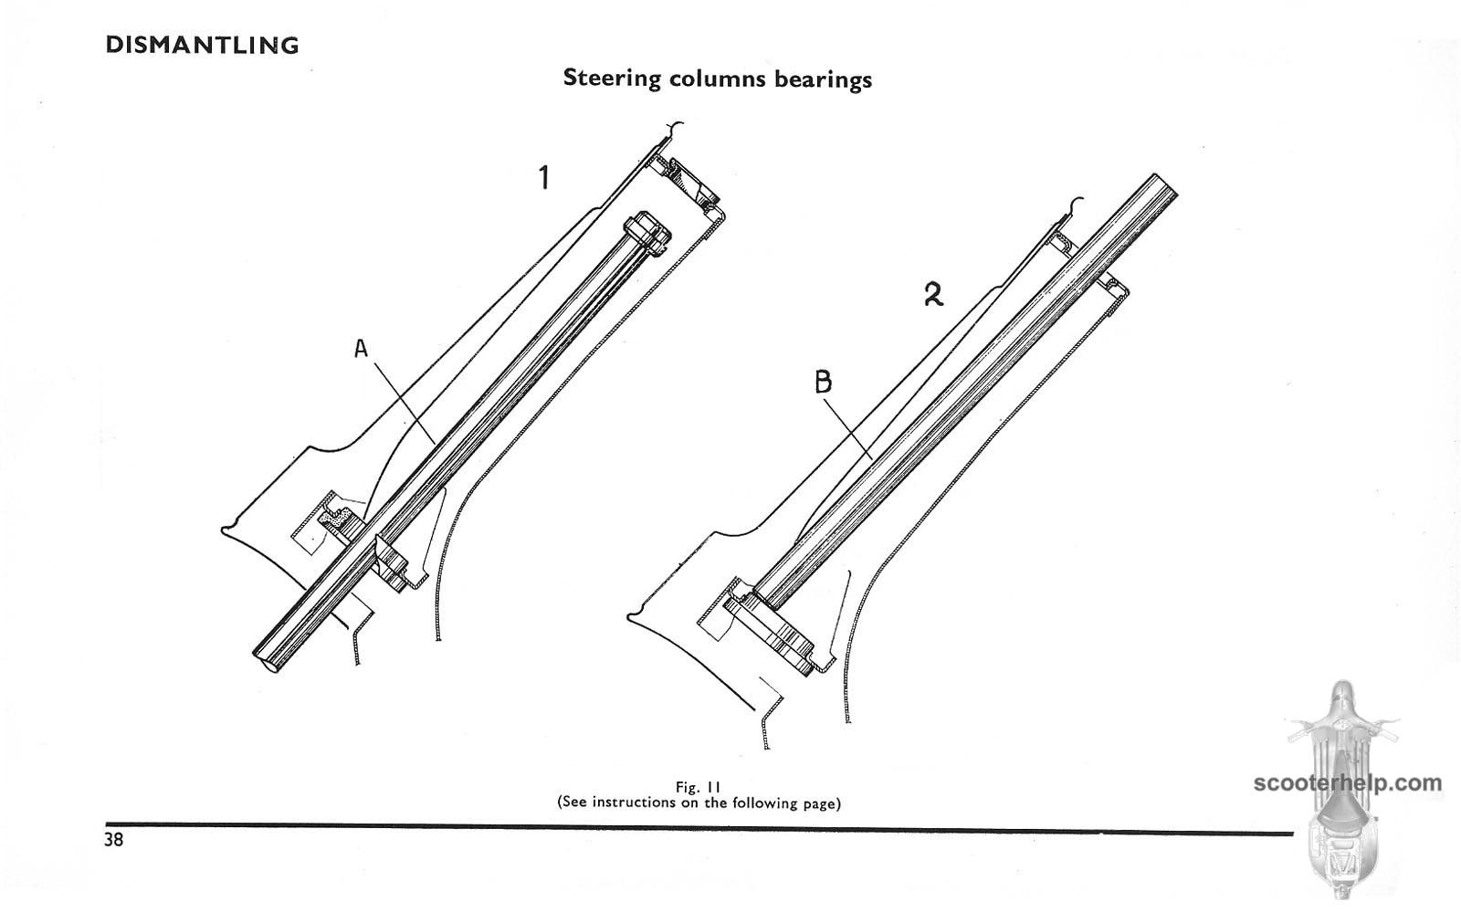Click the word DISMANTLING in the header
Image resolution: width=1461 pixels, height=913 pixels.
202,45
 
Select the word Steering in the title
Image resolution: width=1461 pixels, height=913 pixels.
612,78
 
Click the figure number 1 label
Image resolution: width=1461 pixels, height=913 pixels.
544,176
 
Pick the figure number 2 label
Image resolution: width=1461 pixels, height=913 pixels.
932,294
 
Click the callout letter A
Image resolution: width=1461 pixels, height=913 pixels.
361,348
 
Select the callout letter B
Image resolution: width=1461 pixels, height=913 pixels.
823,382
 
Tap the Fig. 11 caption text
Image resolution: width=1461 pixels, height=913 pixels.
699,787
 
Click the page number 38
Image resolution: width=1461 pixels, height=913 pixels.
114,840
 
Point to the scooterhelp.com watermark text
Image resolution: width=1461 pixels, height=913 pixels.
1348,782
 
